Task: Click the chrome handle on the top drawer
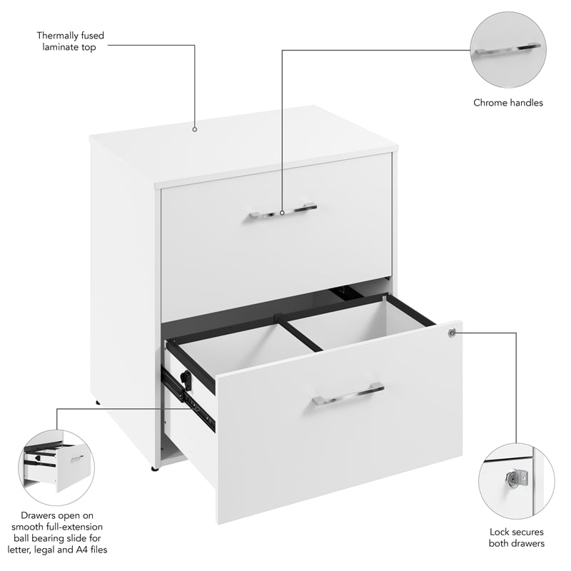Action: (283, 212)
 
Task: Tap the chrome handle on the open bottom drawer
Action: (348, 393)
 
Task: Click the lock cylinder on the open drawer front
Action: (452, 332)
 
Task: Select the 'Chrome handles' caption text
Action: (508, 103)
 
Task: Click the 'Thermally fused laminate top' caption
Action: (66, 41)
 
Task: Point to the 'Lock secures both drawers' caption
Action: (517, 537)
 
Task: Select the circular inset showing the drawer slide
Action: (56, 468)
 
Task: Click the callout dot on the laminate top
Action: (194, 130)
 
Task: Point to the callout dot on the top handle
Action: (283, 212)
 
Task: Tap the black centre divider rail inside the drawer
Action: (300, 333)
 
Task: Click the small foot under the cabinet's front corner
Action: (153, 468)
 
